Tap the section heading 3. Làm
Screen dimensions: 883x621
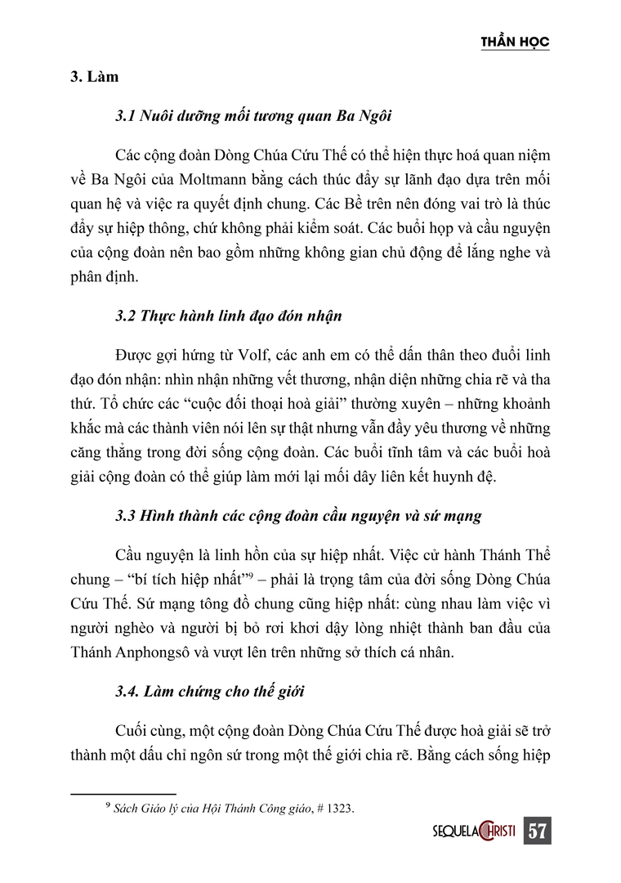tap(94, 78)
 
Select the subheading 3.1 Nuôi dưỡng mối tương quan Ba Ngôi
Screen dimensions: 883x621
tap(254, 115)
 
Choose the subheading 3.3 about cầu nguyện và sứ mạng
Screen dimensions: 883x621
tap(298, 516)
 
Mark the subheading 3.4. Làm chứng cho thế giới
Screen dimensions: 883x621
tap(210, 692)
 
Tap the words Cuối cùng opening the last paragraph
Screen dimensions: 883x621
tap(145, 730)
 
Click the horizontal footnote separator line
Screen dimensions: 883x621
tap(123, 794)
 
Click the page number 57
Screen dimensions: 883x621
tap(536, 831)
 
